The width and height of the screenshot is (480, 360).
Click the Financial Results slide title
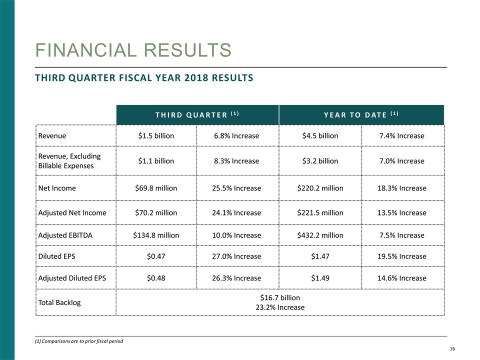click(132, 50)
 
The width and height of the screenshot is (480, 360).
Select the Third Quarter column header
click(197, 114)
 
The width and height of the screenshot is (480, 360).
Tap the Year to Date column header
click(361, 114)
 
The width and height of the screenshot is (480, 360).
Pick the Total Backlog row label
click(59, 302)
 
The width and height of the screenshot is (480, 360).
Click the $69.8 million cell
click(156, 188)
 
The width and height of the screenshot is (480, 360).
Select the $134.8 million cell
click(156, 235)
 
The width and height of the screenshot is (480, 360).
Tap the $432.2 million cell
click(320, 235)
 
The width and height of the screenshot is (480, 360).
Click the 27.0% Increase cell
click(237, 256)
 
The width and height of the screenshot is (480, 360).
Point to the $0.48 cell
click(156, 278)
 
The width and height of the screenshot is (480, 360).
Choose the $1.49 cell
click(320, 278)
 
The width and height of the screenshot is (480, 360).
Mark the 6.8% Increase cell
click(237, 135)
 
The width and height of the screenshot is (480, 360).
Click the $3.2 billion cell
click(320, 161)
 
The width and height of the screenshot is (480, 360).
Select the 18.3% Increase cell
click(402, 188)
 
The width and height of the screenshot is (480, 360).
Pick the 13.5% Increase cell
click(402, 212)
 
